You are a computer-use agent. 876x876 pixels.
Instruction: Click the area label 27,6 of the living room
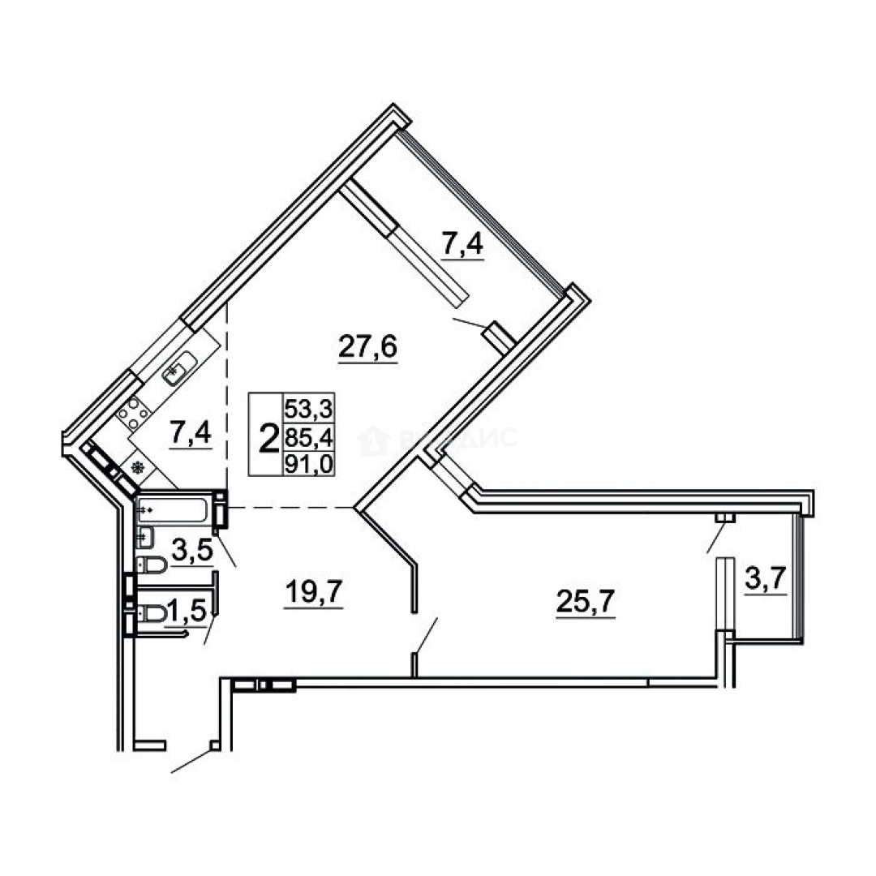click(367, 349)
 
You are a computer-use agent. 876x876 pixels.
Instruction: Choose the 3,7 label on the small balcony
click(766, 580)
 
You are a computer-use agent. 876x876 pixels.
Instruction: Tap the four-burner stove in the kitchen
click(133, 413)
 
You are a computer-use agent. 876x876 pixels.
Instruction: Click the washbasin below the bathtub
click(146, 536)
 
